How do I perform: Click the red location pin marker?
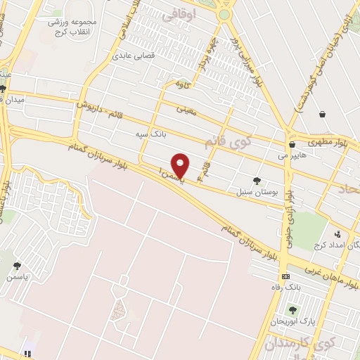coord(181,165)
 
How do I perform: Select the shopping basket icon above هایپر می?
coord(322,114)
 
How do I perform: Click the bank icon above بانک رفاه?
coord(284,277)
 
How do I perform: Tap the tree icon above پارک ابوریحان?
coord(292,310)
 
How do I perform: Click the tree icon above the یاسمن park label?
coord(17,266)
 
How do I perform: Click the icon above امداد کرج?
coord(338,234)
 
